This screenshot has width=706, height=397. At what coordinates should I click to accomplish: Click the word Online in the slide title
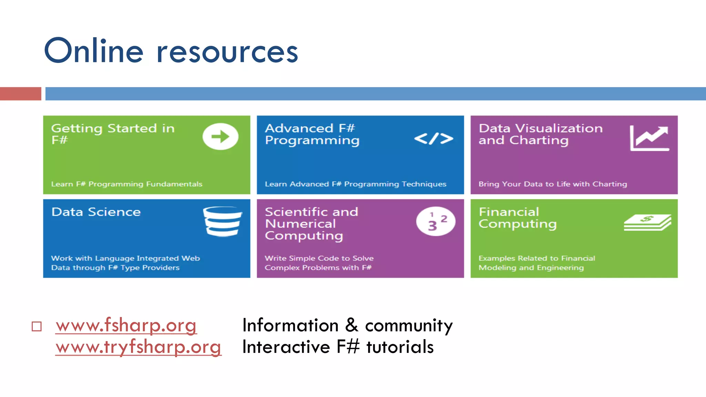[94, 51]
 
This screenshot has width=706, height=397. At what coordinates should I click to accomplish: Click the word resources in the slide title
[228, 52]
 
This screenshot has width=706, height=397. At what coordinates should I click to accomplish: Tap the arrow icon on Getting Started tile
[220, 136]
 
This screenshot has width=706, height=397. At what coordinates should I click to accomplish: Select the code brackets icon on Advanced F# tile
[434, 139]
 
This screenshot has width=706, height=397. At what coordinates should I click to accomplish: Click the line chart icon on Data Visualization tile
[649, 138]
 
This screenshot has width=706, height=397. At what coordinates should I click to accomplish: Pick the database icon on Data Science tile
[222, 221]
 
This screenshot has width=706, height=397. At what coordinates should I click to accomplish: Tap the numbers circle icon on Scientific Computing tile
[436, 221]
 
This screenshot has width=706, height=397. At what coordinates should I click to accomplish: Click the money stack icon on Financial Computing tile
[647, 223]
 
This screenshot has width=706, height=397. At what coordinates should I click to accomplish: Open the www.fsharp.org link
[126, 325]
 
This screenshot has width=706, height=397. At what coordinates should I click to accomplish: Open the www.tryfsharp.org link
[138, 347]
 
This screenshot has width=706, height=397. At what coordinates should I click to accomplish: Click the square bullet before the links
[37, 326]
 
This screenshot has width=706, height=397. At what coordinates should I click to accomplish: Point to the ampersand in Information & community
[351, 325]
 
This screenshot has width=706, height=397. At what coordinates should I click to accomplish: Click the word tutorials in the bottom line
[400, 347]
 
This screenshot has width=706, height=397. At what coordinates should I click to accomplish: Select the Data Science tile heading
[96, 212]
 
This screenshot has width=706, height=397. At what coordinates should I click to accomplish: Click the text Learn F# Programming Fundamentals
[127, 184]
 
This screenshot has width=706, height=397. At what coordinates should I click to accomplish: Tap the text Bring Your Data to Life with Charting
[553, 184]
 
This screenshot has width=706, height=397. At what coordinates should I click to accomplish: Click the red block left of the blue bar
[20, 94]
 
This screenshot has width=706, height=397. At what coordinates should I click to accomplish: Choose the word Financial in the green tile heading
[509, 212]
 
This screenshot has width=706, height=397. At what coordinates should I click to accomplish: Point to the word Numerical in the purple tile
[300, 224]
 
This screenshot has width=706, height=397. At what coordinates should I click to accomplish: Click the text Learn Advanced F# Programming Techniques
[355, 184]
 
